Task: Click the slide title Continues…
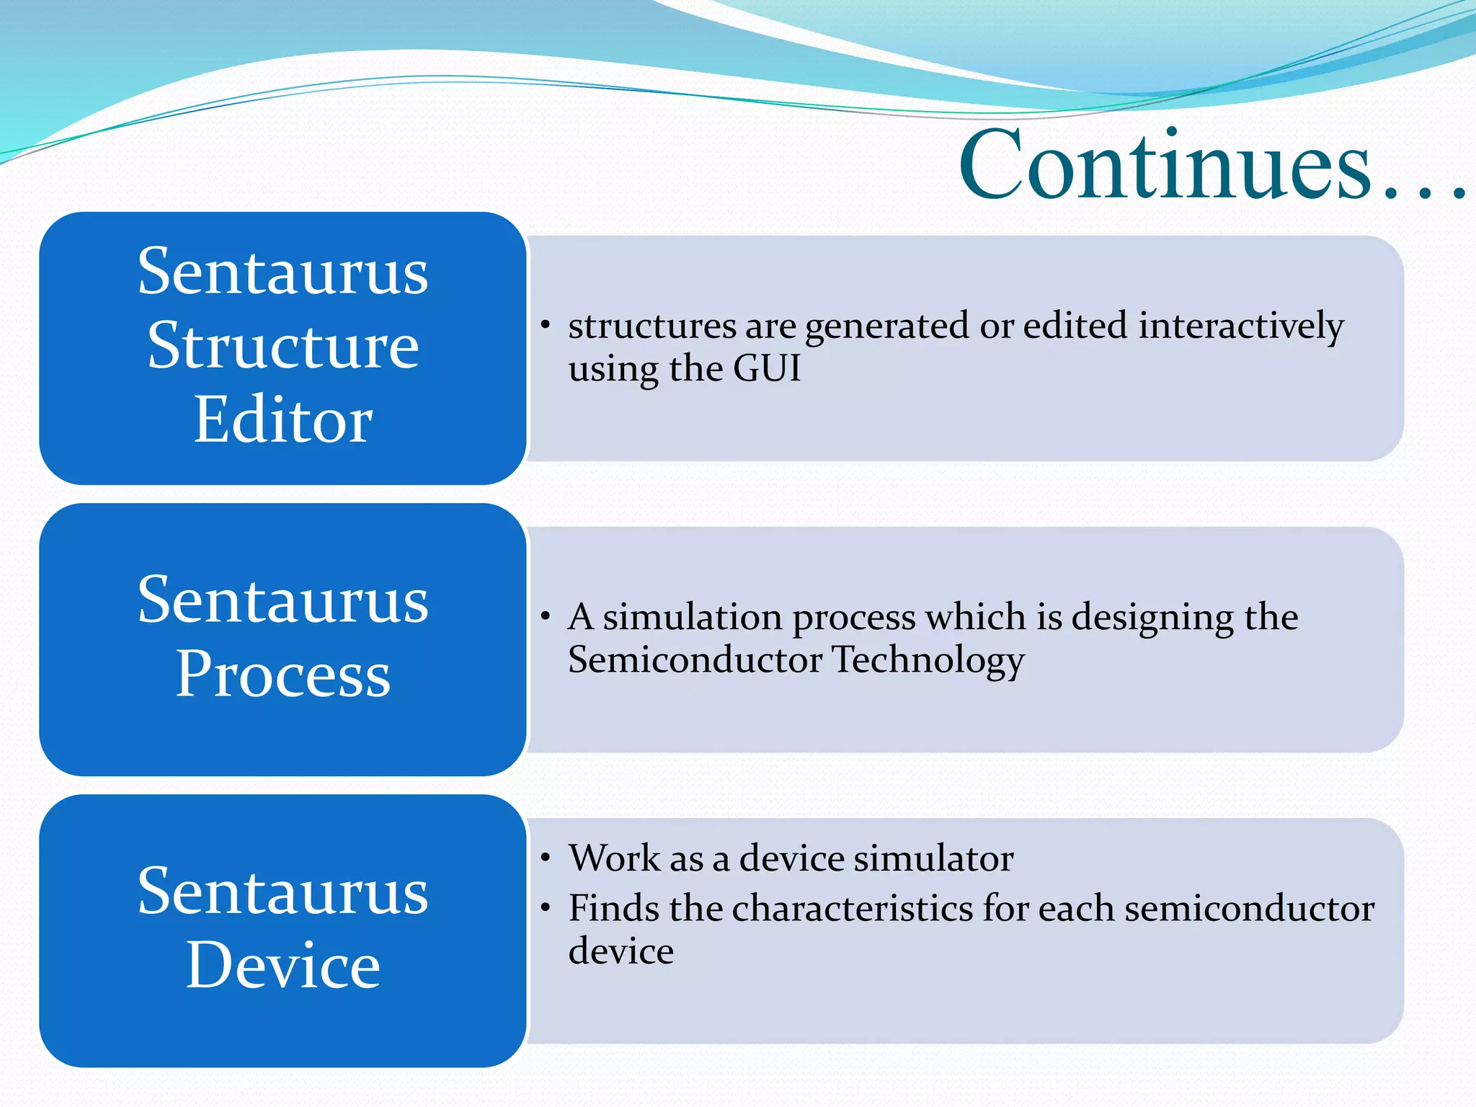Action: click(1211, 166)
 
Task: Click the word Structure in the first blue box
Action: click(283, 346)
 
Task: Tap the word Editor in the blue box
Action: click(283, 420)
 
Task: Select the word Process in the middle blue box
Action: click(283, 675)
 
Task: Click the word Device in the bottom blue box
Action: click(283, 966)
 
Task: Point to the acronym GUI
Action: click(767, 368)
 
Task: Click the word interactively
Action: click(1241, 326)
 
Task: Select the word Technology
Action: click(928, 661)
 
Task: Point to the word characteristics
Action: click(853, 908)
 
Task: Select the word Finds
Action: click(613, 908)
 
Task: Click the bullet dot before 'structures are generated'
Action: click(546, 326)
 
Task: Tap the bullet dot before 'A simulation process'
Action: click(546, 618)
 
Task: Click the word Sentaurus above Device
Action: click(283, 892)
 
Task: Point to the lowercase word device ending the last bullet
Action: click(621, 951)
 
